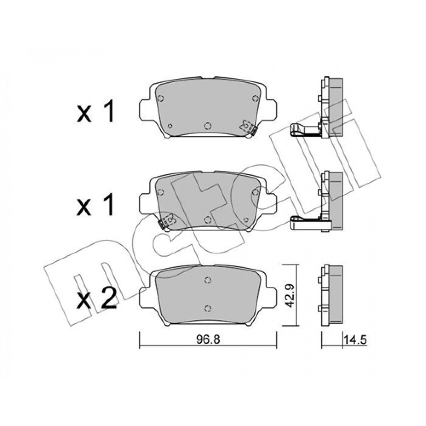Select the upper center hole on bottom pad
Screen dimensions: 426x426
[x=208, y=280]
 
